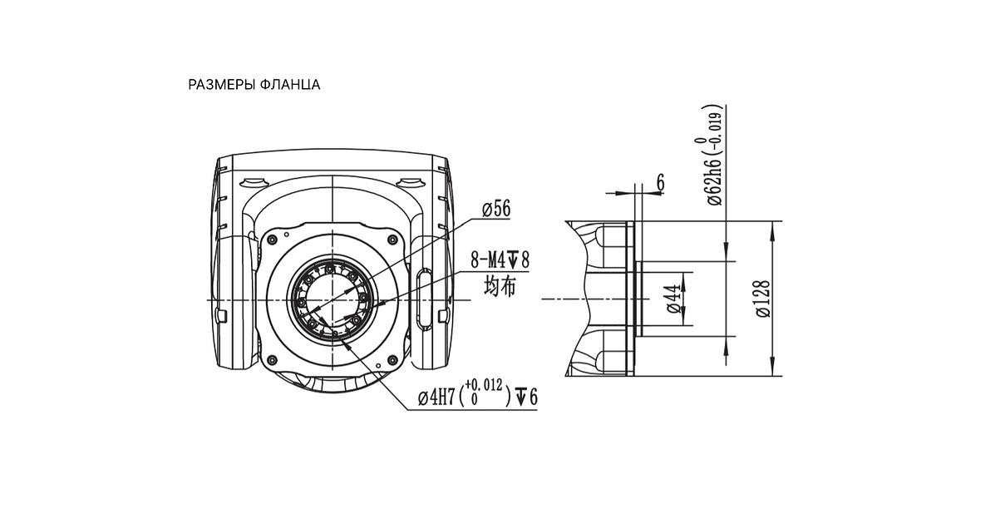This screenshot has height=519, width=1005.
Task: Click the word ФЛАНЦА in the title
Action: click(x=290, y=85)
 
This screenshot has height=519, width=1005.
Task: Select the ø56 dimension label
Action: click(x=496, y=210)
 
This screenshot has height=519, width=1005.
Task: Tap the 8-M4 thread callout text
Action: click(x=488, y=260)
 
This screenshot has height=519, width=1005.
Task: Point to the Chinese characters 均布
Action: click(x=500, y=287)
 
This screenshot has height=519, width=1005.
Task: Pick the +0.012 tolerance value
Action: click(x=484, y=385)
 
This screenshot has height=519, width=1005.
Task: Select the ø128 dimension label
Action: click(x=763, y=299)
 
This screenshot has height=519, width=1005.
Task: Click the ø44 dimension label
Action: click(x=674, y=299)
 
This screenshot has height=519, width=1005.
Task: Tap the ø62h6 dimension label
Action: click(x=714, y=182)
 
